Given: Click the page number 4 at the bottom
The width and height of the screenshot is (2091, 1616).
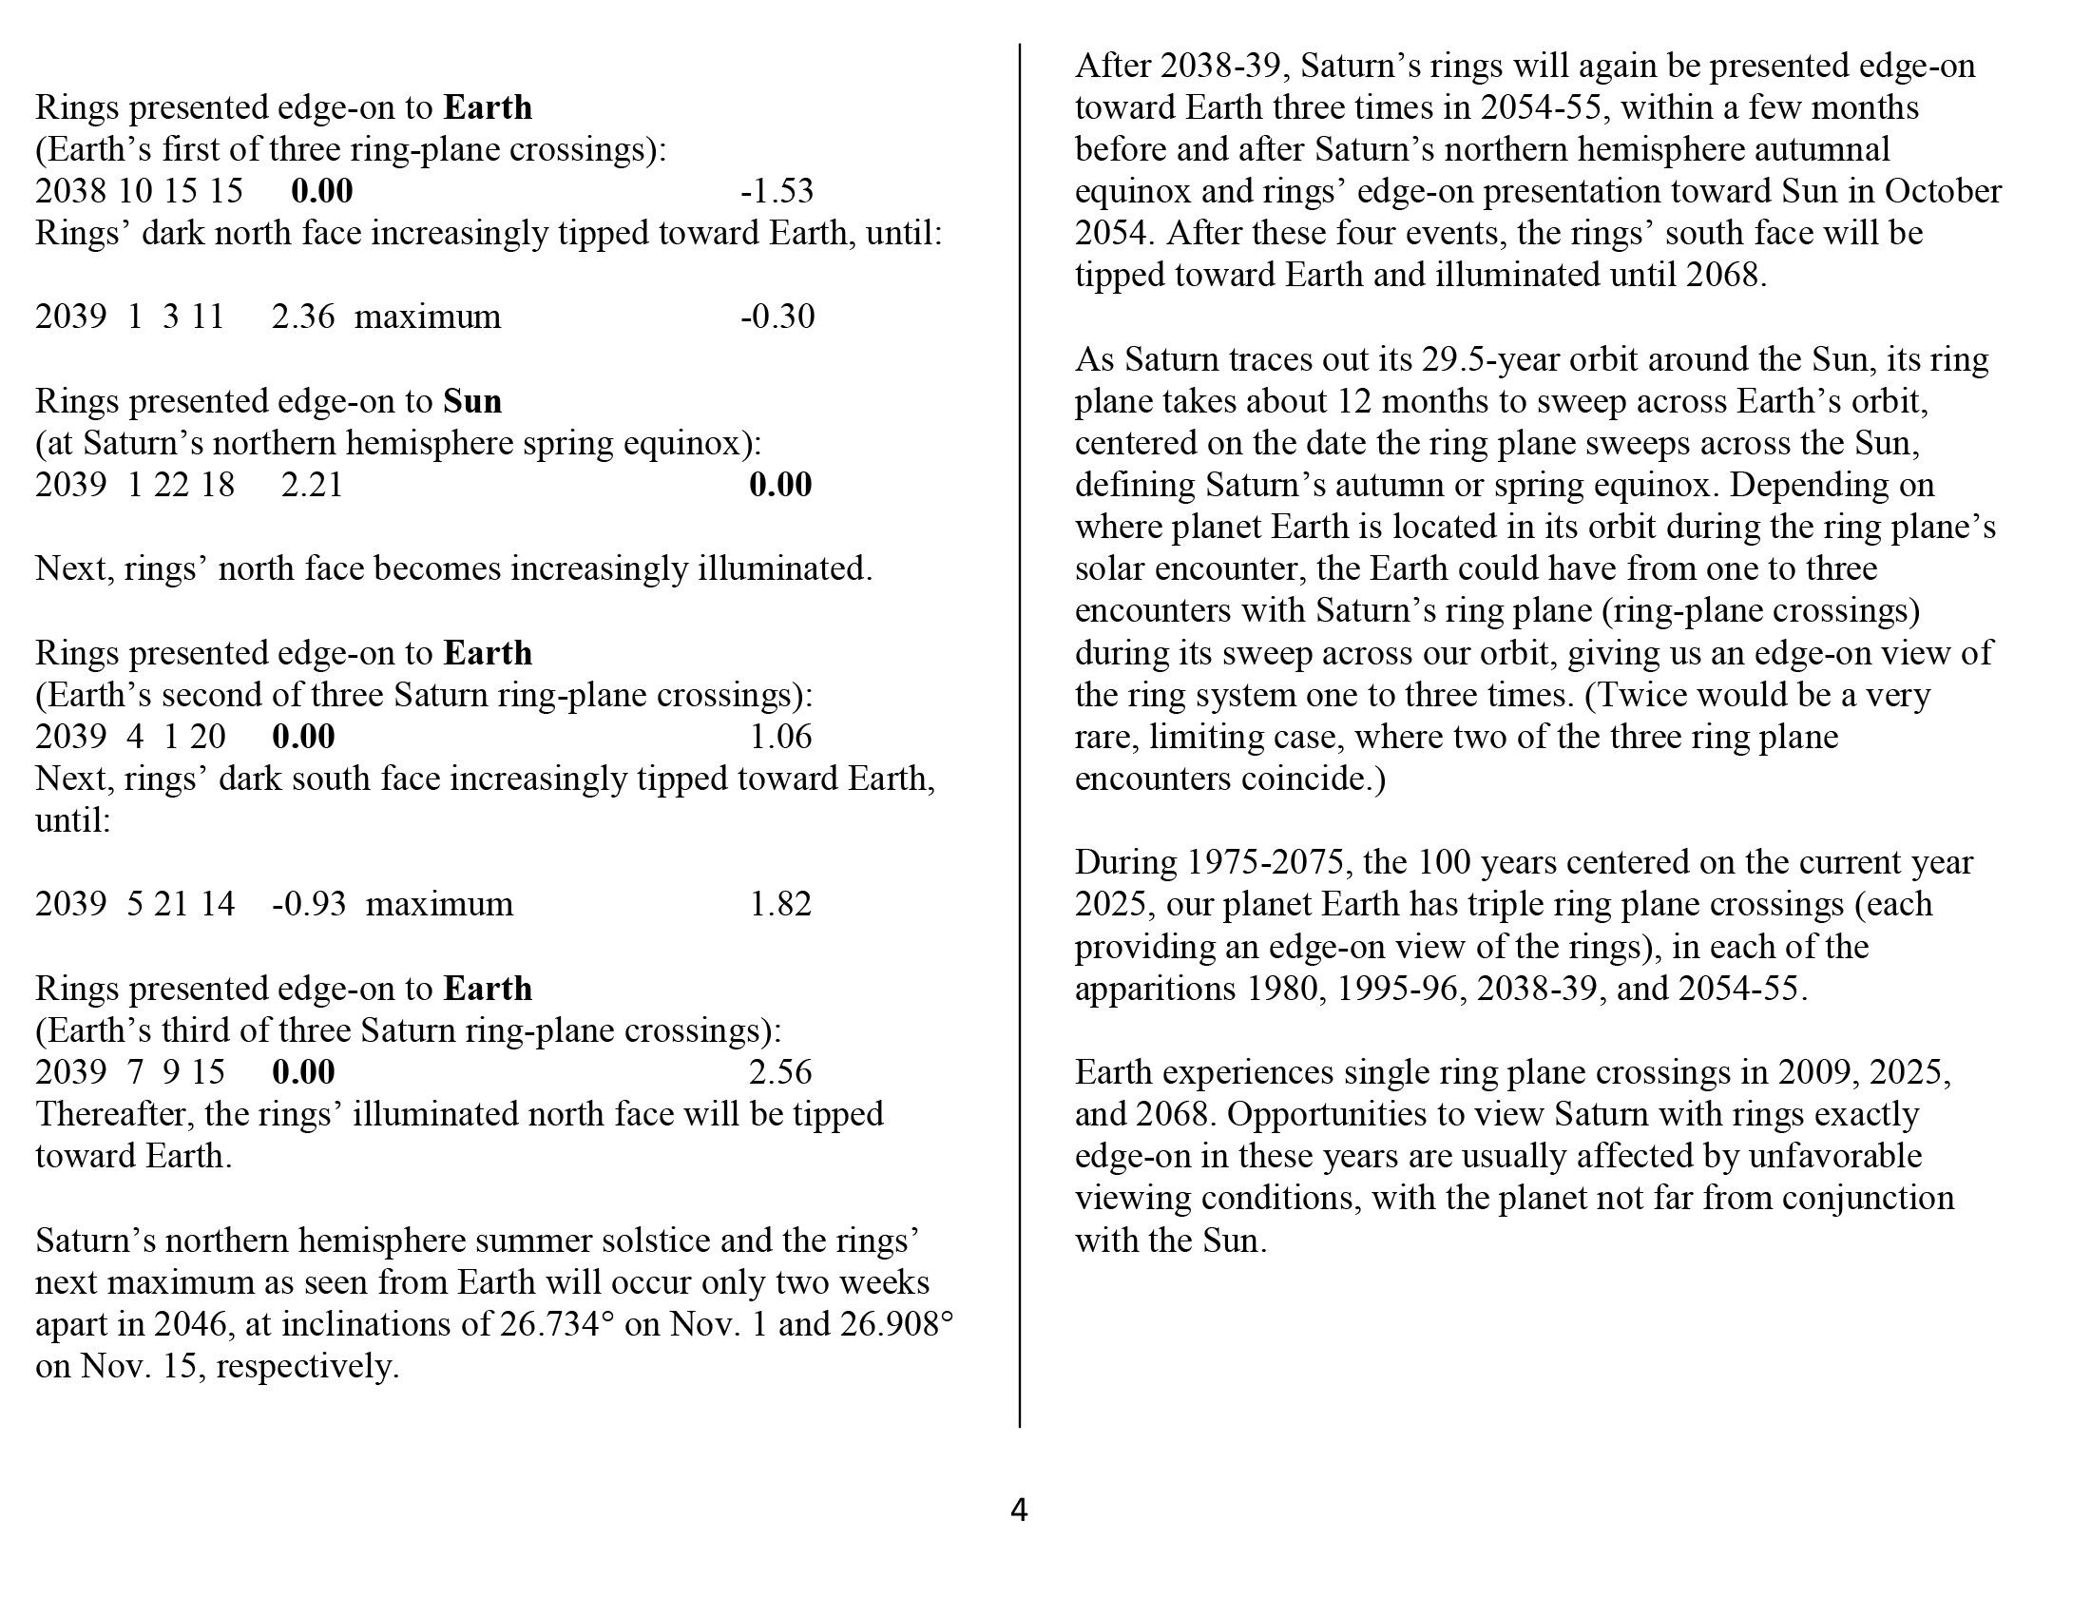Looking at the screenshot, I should point(1019,1510).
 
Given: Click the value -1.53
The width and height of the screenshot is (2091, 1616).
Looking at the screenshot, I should point(777,191).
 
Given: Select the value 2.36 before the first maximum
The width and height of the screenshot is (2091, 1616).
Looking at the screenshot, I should point(302,317).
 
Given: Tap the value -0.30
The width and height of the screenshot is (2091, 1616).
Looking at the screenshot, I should point(777,317).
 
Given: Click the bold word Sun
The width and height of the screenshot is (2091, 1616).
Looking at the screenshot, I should point(472,401).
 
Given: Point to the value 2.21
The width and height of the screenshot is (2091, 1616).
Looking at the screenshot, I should point(312,486).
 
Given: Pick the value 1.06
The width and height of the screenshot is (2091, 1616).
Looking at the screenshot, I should point(780,737).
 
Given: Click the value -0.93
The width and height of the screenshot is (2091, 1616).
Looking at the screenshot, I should point(308,905).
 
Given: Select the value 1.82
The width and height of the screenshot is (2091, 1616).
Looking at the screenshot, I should point(780,905).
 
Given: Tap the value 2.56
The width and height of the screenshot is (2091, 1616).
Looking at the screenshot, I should point(780,1072).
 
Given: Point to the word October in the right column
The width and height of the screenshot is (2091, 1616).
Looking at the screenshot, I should point(1944,191).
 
